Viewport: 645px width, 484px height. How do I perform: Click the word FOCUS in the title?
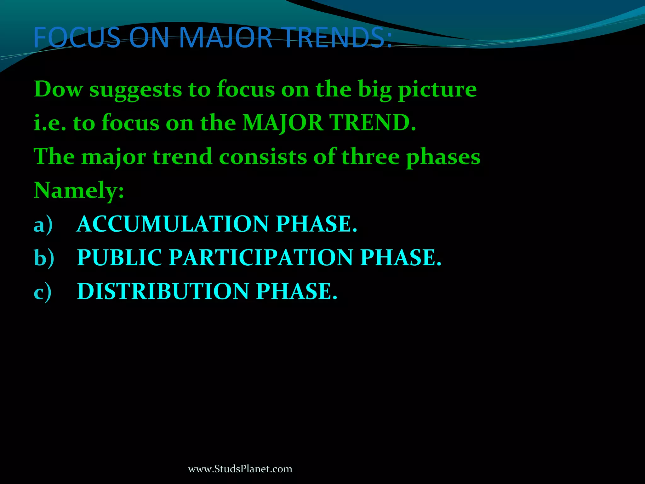pyautogui.click(x=77, y=38)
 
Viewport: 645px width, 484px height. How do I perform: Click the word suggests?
pyautogui.click(x=135, y=90)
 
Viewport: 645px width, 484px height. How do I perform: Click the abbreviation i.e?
pyautogui.click(x=50, y=123)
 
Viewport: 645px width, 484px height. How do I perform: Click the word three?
pyautogui.click(x=370, y=157)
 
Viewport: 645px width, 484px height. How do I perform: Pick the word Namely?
pyautogui.click(x=79, y=190)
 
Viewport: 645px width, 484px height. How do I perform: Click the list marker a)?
pyautogui.click(x=43, y=224)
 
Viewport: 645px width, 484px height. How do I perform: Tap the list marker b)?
pyautogui.click(x=44, y=258)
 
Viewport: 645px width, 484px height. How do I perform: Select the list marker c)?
pyautogui.click(x=43, y=291)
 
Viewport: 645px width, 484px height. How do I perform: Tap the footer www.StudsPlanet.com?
pyautogui.click(x=240, y=469)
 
